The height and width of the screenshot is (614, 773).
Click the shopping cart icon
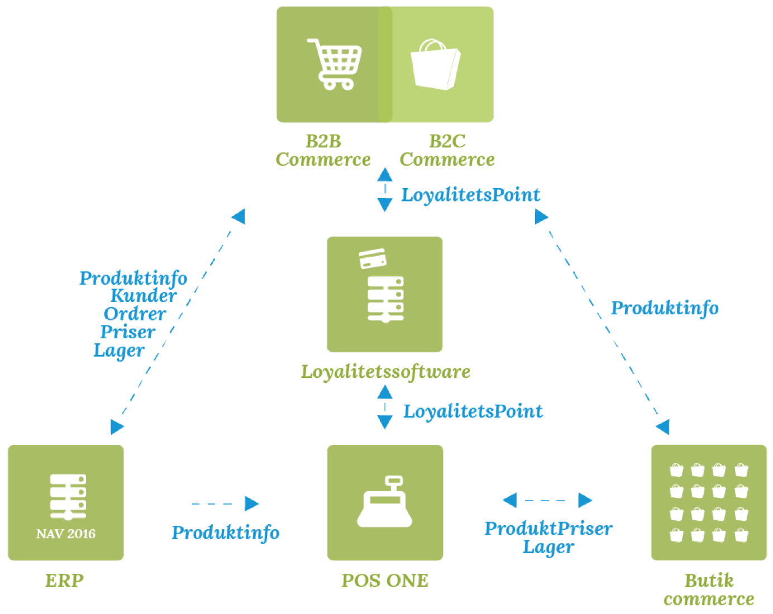[x=335, y=64]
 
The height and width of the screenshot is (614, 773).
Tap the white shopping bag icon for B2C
[x=435, y=65]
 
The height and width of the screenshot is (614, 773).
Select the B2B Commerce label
[x=323, y=151]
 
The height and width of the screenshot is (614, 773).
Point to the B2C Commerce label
[x=447, y=151]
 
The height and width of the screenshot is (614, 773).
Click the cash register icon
[x=385, y=502]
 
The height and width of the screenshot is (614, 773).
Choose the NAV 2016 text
[x=66, y=534]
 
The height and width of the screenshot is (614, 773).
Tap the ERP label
[x=65, y=581]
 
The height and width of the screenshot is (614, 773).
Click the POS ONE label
[x=385, y=581]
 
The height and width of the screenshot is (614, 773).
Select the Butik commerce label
[x=709, y=589]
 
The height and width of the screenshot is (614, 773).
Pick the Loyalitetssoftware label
[x=385, y=372]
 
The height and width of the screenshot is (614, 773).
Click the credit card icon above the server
[x=373, y=258]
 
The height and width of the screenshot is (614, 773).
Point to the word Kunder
[x=144, y=295]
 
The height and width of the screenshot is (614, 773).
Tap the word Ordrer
[x=135, y=314]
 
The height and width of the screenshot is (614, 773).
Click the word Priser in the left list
[x=128, y=332]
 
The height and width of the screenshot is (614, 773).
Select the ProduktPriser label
[x=548, y=529]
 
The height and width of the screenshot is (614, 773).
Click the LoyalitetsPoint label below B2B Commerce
[x=471, y=195]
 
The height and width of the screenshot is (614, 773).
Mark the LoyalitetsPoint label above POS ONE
[x=473, y=411]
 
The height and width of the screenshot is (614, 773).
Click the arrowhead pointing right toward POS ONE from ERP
[x=252, y=503]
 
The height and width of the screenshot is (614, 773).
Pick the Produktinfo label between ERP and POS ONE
[x=226, y=533]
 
